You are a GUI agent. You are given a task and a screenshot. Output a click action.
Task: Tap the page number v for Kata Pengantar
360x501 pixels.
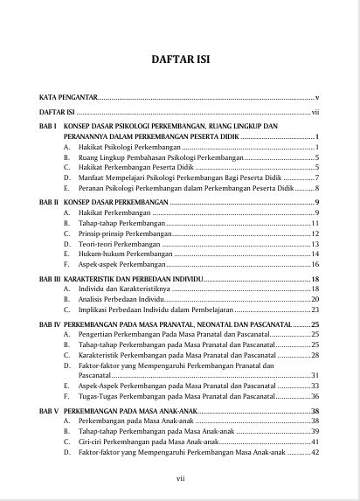(317, 96)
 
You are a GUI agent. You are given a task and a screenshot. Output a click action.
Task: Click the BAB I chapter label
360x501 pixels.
(47, 126)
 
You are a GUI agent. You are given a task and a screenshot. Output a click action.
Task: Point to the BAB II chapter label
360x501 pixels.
(48, 201)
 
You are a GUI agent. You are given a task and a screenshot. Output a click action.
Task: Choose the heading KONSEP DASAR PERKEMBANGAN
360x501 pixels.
(115, 201)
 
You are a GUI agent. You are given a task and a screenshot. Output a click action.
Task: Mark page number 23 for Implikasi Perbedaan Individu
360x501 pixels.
(315, 309)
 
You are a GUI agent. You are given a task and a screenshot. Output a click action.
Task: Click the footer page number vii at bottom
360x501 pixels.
(180, 478)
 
